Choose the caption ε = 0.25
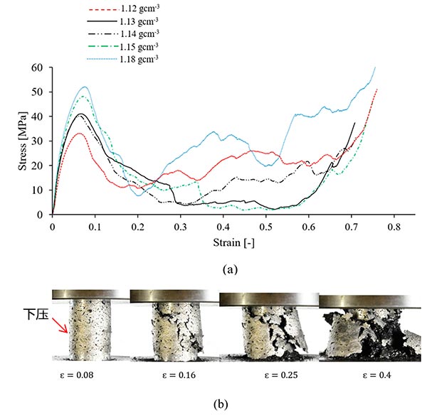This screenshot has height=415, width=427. point(266,372)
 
